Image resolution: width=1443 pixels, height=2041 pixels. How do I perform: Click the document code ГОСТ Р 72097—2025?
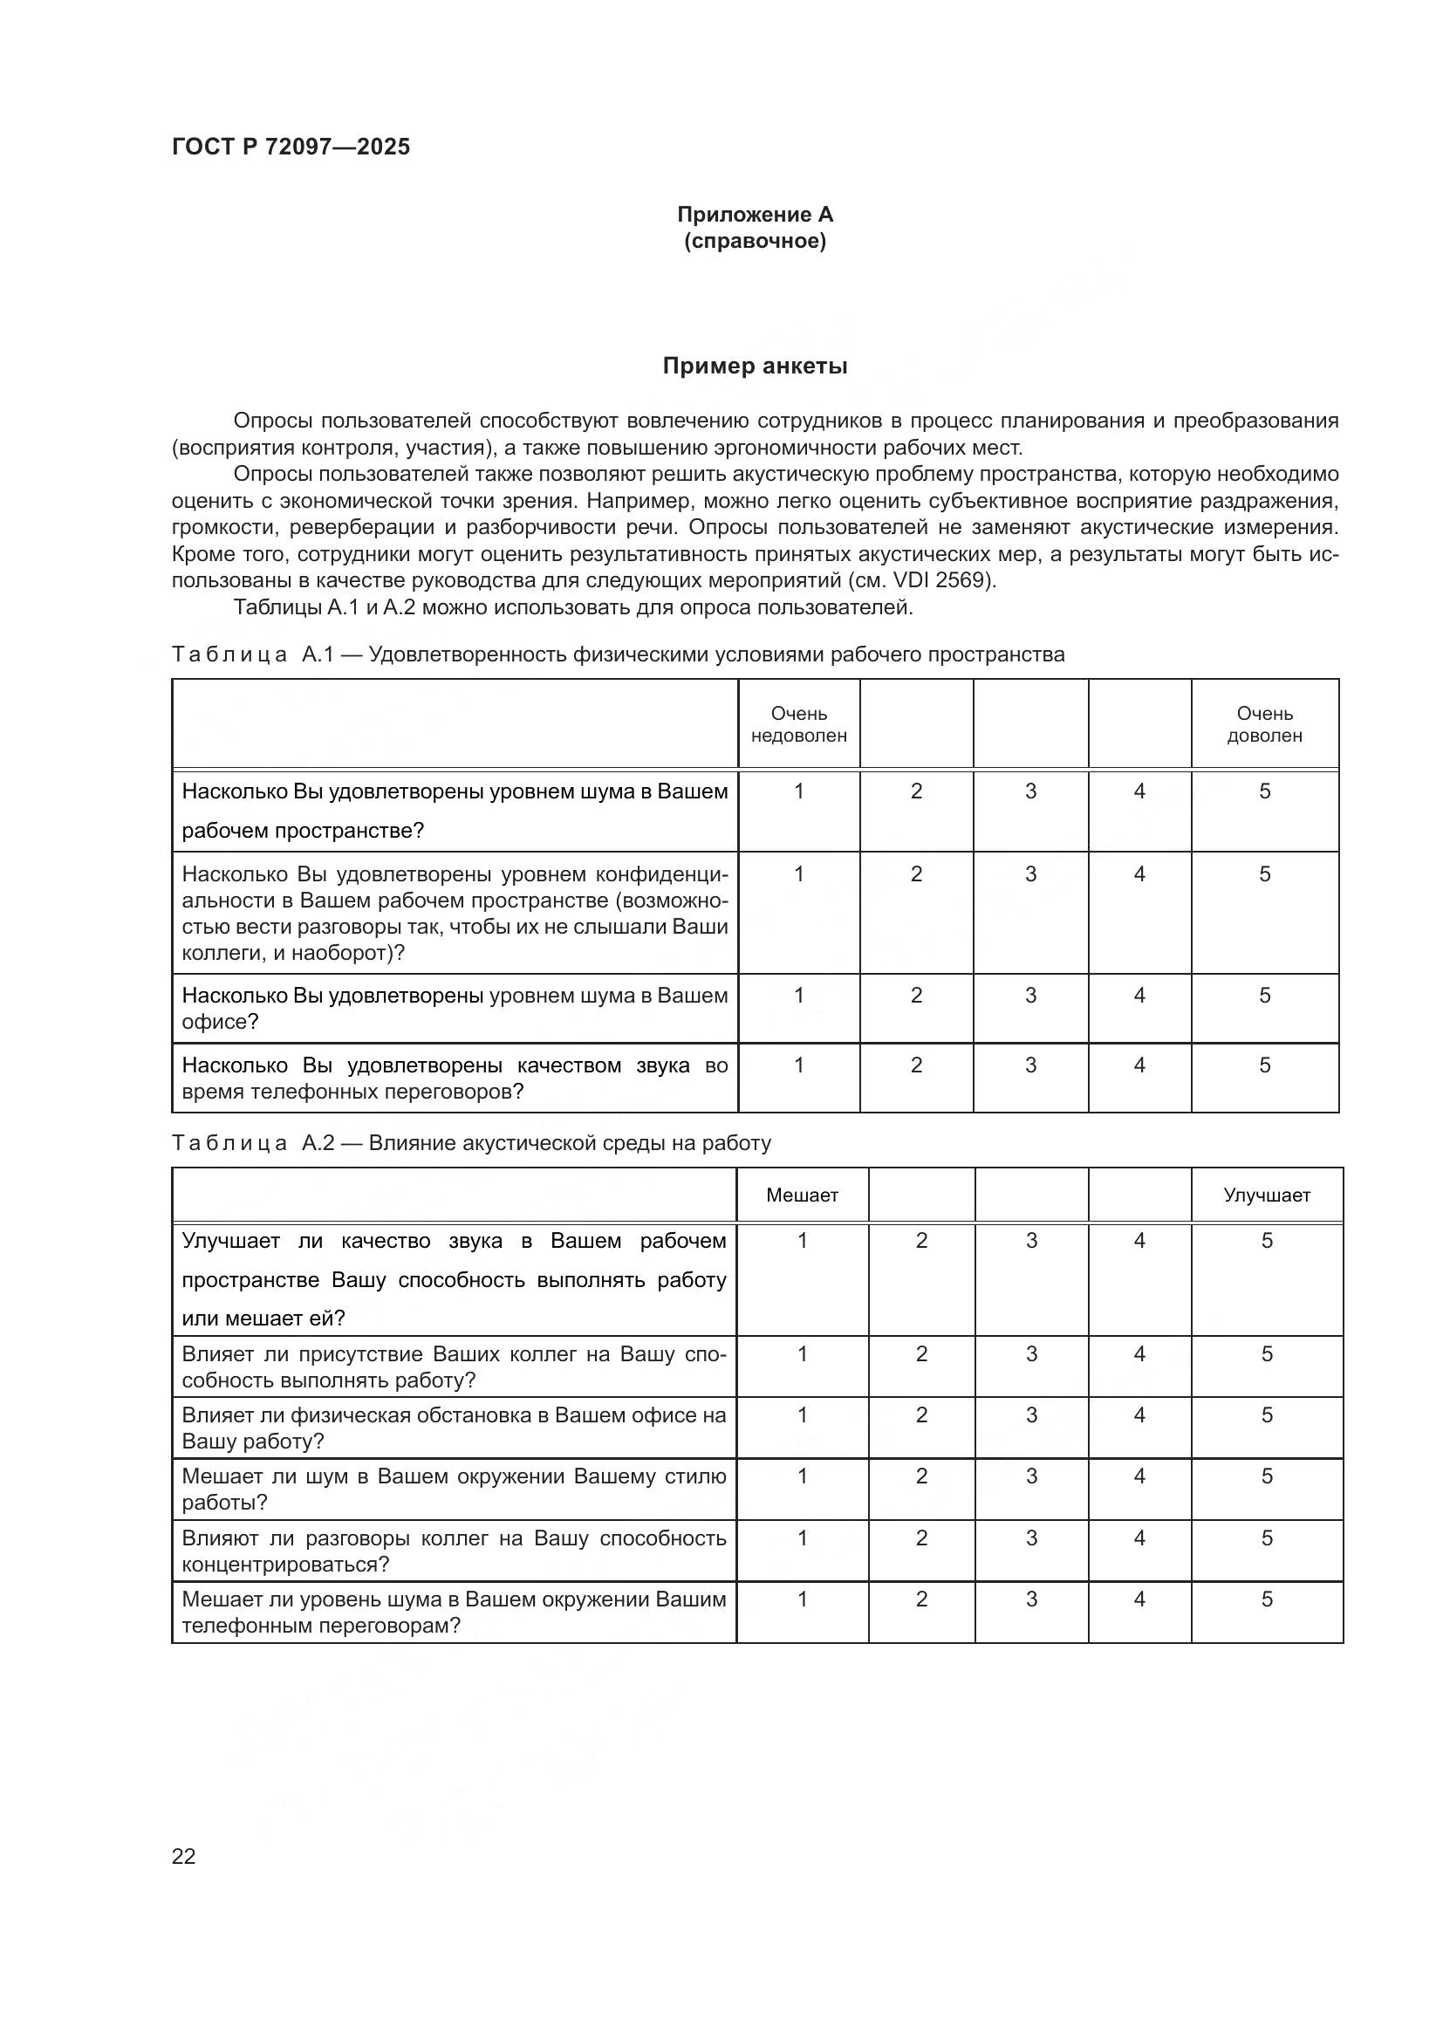(x=291, y=147)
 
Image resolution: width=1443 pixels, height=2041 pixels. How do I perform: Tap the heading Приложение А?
(x=755, y=215)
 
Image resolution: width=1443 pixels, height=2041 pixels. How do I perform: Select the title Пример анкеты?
(x=755, y=366)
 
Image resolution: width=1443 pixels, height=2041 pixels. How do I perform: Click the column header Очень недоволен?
(x=798, y=724)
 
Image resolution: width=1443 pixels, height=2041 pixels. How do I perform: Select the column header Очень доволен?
(x=1263, y=724)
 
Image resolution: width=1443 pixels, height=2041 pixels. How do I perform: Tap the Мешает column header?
(x=802, y=1195)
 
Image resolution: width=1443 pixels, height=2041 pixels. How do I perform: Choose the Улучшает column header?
(x=1266, y=1195)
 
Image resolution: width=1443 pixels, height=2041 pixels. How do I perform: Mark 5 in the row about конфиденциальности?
(x=1264, y=873)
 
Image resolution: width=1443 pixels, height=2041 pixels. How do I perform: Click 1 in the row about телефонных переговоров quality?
(x=798, y=1065)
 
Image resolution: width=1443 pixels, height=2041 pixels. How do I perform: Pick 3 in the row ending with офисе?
(x=1029, y=996)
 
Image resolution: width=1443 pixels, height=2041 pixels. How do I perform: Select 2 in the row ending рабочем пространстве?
(x=916, y=791)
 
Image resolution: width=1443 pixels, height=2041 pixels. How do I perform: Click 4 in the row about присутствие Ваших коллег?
(x=1139, y=1354)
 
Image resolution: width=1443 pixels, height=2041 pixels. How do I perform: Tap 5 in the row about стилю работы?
(x=1266, y=1476)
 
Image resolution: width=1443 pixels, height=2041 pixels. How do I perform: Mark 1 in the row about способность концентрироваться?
(x=802, y=1538)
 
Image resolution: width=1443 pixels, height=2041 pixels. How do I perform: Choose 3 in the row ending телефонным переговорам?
(x=1030, y=1599)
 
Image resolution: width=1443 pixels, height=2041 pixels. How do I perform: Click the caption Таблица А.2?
(x=253, y=1143)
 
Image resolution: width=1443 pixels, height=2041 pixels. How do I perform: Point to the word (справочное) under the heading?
(x=755, y=242)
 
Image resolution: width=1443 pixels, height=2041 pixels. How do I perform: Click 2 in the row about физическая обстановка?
(x=920, y=1415)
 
